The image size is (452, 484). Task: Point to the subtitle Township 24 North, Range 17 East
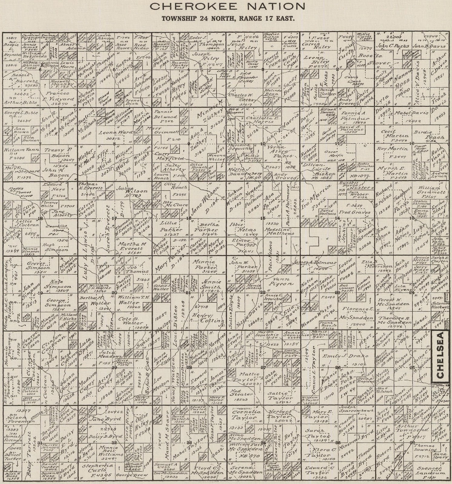pyautogui.click(x=228, y=18)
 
